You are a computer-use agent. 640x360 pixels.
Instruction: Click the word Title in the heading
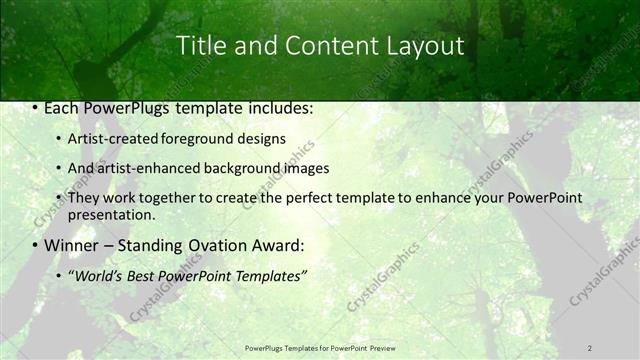coord(200,46)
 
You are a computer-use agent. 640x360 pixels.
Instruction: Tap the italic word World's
coord(99,275)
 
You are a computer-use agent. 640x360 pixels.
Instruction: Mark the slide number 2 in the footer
coord(589,347)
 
